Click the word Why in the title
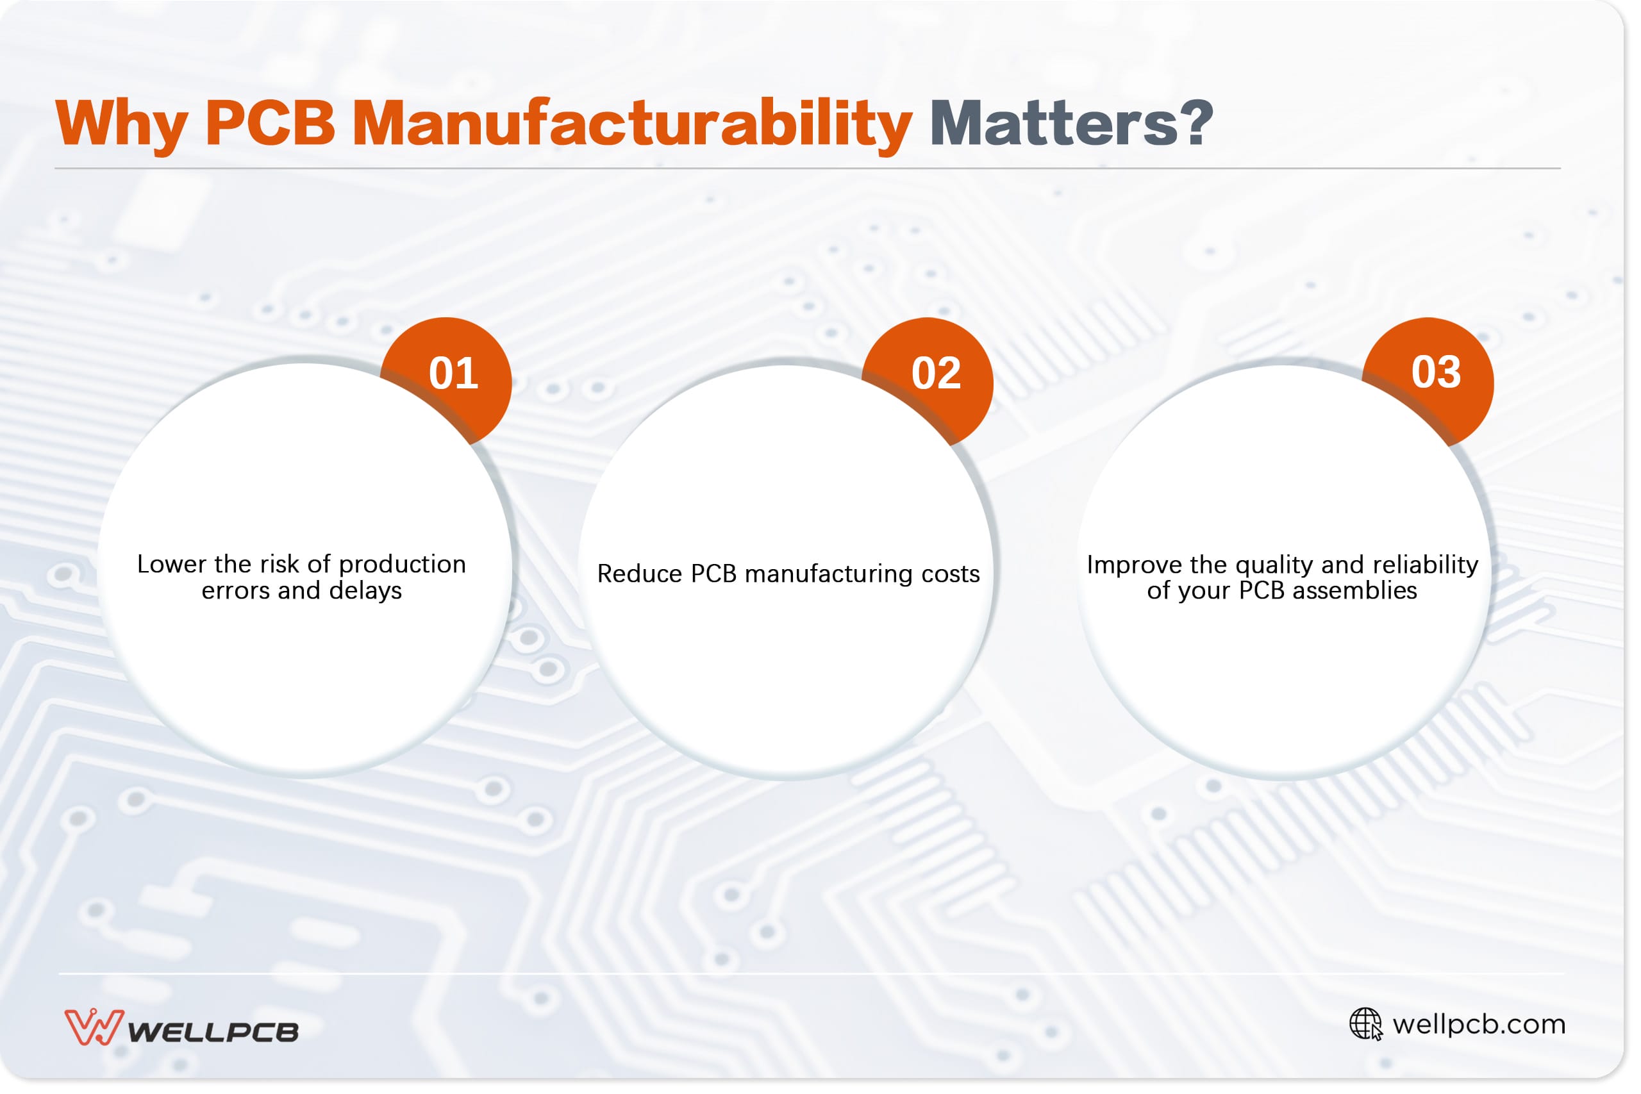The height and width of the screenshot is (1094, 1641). click(x=121, y=124)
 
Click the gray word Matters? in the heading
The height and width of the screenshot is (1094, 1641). click(x=1072, y=124)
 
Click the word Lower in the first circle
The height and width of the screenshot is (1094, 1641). click(x=172, y=565)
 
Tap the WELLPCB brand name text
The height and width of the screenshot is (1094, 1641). click(x=213, y=1032)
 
